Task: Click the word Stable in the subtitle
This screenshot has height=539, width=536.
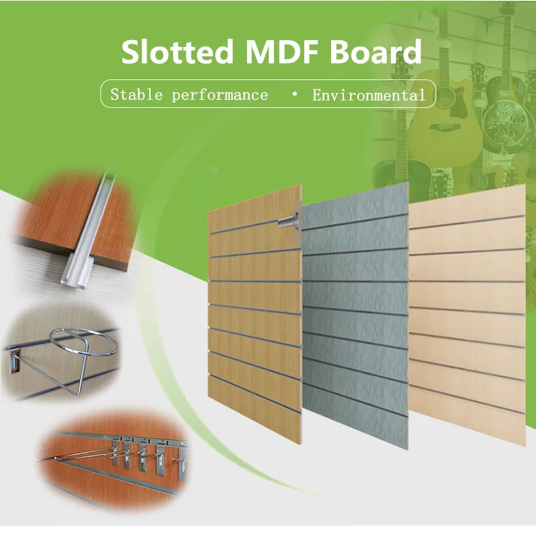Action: coord(136,94)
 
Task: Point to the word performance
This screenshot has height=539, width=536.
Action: coord(220,95)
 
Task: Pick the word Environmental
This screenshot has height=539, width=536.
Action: coord(368,95)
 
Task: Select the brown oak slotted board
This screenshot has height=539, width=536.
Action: coord(254,319)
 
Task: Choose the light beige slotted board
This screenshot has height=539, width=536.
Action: coord(468,319)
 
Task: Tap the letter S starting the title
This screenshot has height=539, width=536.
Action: coord(132,53)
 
